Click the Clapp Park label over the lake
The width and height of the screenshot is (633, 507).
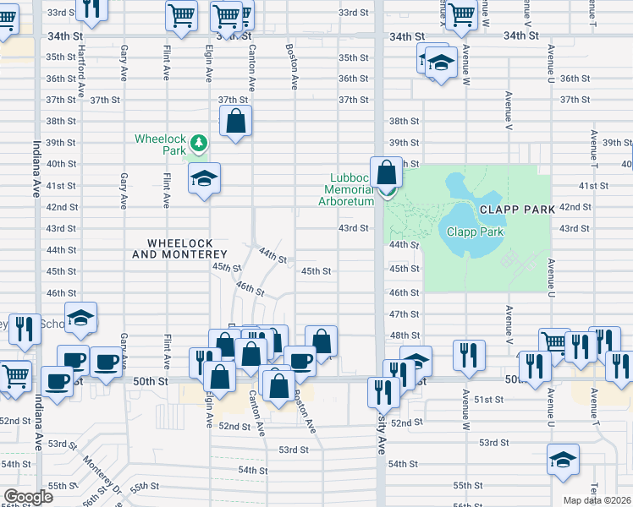(476, 232)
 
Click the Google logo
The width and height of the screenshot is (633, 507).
(29, 497)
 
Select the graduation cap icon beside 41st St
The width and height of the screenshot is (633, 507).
(204, 178)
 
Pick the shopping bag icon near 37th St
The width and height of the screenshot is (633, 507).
(237, 122)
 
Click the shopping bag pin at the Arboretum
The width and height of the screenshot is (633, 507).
(386, 173)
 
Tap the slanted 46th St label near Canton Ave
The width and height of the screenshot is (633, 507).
(250, 289)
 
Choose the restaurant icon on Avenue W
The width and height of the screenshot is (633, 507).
(469, 356)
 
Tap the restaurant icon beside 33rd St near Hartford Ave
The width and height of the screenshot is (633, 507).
(91, 8)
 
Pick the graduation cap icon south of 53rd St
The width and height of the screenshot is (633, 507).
(561, 461)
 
